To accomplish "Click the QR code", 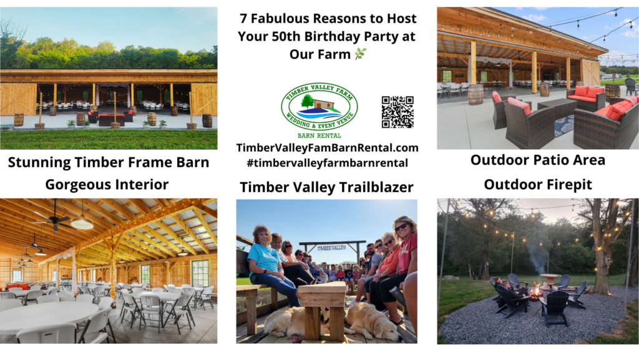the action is [x=398, y=112].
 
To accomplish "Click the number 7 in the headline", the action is [x=243, y=19].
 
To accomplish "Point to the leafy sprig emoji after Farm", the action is [x=361, y=54].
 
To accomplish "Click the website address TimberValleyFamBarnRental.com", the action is [x=327, y=148].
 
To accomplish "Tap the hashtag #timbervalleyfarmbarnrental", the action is [x=327, y=163].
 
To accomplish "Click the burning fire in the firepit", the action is [x=536, y=290].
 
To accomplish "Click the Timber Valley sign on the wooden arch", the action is [x=331, y=248].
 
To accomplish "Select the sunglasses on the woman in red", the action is [x=401, y=227].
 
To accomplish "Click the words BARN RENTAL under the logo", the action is [x=319, y=135].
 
